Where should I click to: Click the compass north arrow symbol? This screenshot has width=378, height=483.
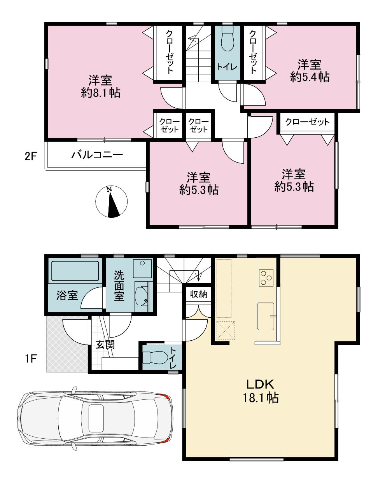coord(112,201)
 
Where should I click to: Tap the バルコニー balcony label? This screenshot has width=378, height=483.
coord(97,155)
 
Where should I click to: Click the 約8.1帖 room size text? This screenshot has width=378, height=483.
coord(101,93)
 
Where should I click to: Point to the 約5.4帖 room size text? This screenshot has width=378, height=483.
coord(310,77)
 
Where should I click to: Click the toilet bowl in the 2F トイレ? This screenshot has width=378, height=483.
coord(227,39)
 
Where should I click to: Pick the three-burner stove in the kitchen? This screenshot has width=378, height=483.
coord(266,277)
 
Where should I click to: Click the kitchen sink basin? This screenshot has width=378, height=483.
coord(266,316)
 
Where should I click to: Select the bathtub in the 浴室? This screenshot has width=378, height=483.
coord(75,271)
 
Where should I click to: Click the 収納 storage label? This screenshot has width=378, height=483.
coord(198,294)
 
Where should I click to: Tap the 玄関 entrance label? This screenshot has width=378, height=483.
coord(105,345)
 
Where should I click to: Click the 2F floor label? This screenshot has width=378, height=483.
coord(30,157)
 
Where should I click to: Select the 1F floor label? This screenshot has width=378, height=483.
coord(30,359)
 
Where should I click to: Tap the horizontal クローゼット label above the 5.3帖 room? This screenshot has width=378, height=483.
coord(307,122)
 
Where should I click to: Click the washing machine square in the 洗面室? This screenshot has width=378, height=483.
coord(142,268)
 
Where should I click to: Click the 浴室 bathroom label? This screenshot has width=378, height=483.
coord(67,295)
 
